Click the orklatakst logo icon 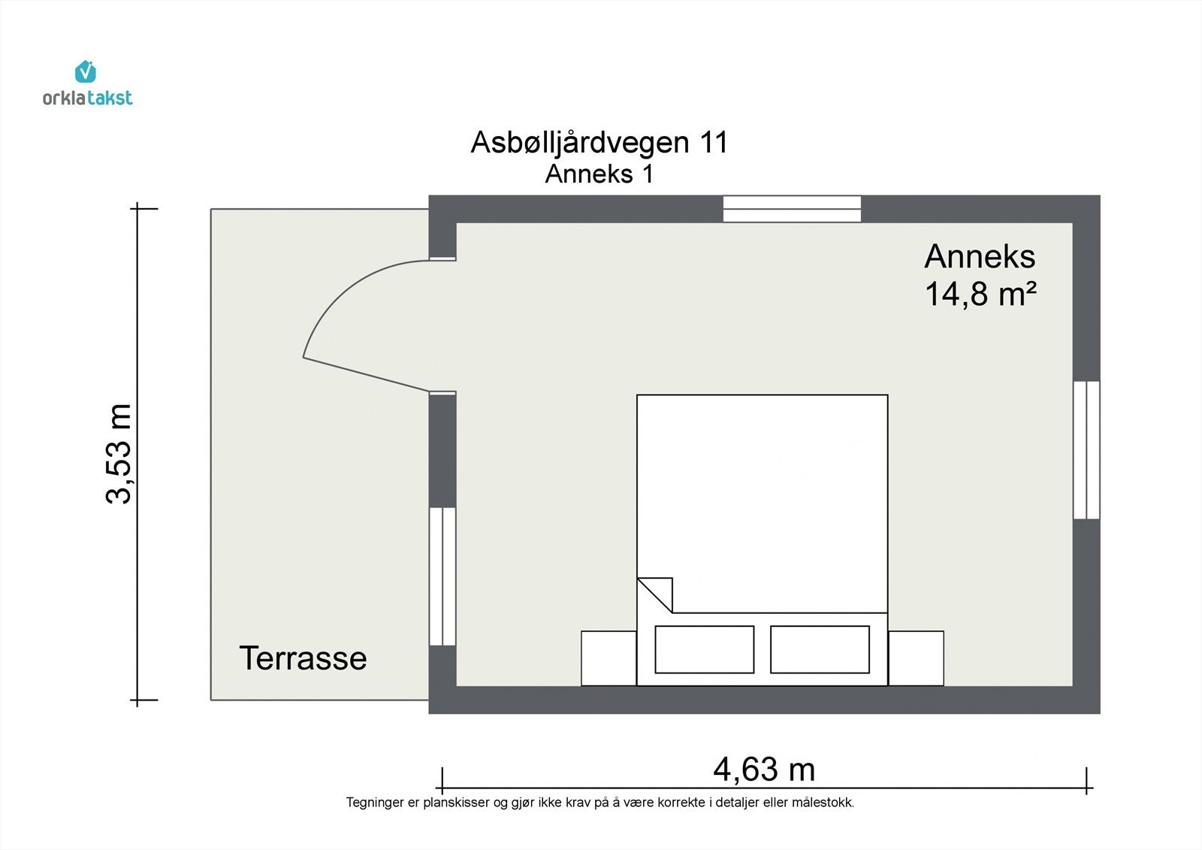pos(86,71)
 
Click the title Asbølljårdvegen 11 pos(599,142)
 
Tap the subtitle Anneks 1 pos(599,174)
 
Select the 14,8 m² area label pos(980,294)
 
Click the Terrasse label pos(303,658)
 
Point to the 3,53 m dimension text pos(119,454)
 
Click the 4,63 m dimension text pos(763,770)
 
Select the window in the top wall pos(792,209)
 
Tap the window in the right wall pos(1086,450)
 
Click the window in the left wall pos(442,576)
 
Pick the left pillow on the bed pos(704,649)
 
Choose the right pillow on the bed pos(820,649)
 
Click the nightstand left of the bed pos(609,658)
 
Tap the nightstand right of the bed pos(916,658)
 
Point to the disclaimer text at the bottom pos(599,803)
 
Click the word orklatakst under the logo pos(88,98)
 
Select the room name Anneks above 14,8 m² pos(980,257)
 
